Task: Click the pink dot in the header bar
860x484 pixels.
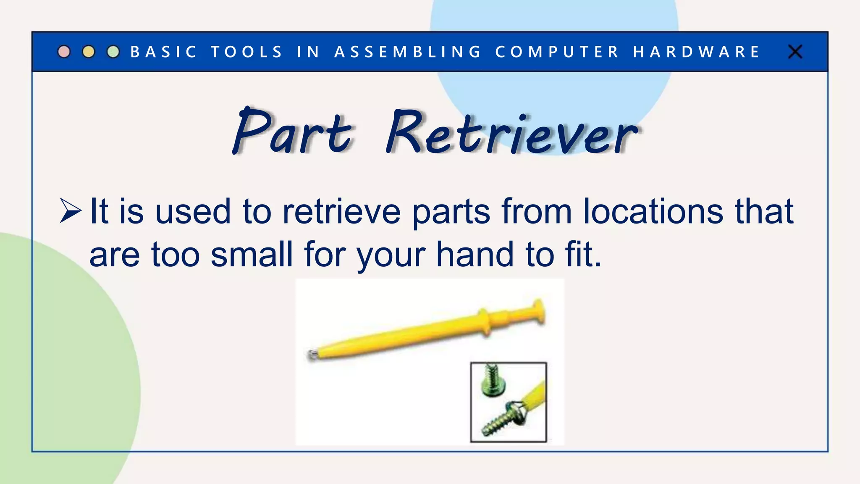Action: pos(64,52)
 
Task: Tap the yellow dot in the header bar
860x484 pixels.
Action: pos(89,52)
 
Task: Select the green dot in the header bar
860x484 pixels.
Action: pos(113,52)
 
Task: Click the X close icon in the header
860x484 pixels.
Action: pos(795,52)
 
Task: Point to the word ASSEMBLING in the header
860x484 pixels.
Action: pos(408,52)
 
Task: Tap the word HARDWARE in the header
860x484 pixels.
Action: pos(697,52)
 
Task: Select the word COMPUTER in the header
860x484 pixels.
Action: pos(557,52)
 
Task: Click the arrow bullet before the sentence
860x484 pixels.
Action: pos(70,210)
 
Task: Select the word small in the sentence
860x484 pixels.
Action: pos(251,255)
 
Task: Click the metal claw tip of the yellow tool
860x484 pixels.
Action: pos(312,355)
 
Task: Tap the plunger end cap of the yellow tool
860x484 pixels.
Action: pos(539,312)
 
